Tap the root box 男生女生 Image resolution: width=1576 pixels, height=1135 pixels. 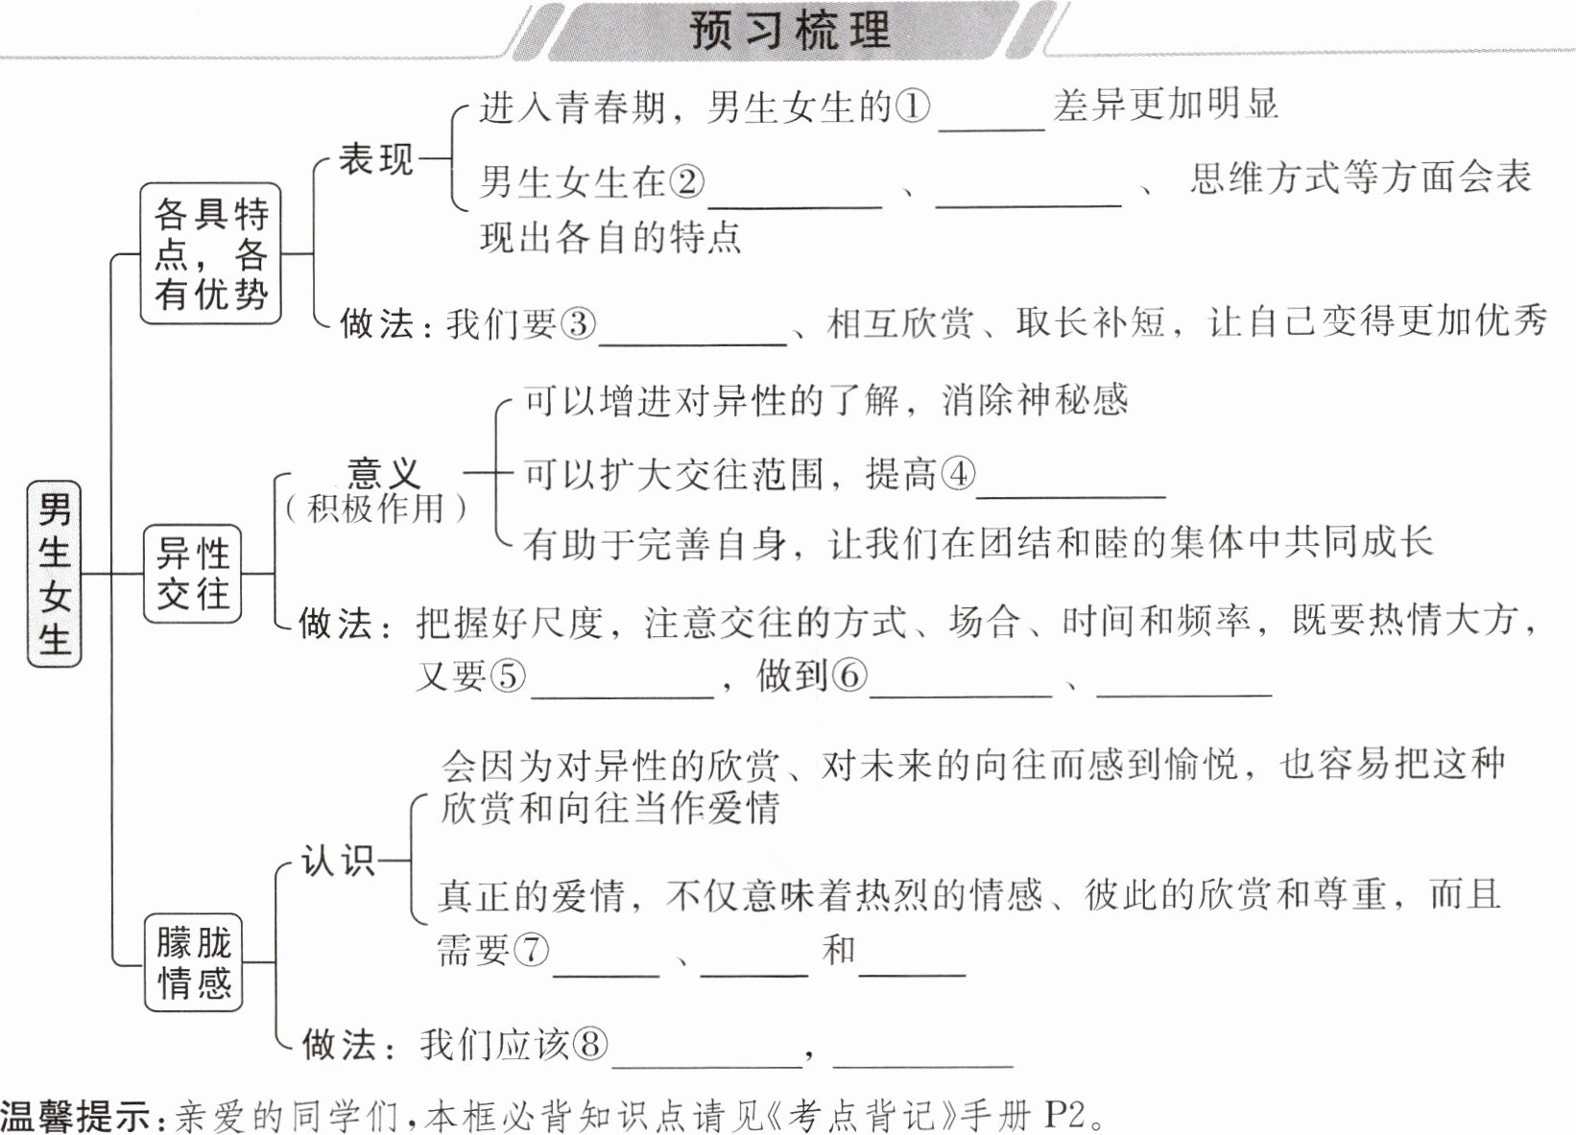55,574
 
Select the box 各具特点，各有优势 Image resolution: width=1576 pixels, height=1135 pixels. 211,253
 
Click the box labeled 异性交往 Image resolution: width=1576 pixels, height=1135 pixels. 193,574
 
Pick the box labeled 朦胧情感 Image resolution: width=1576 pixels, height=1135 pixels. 194,962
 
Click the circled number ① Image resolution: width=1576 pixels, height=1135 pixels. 913,106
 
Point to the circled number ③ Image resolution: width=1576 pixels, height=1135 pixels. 577,323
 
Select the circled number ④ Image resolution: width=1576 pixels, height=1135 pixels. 957,474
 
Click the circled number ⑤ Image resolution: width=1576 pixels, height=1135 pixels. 508,676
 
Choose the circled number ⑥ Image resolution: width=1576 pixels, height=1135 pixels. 848,676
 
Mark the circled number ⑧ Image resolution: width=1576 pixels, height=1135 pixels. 589,1044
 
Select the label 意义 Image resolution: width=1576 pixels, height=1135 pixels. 383,472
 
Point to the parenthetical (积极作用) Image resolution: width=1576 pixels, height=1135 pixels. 375,508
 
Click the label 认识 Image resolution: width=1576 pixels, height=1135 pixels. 338,860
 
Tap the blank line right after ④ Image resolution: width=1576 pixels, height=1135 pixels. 1070,489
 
